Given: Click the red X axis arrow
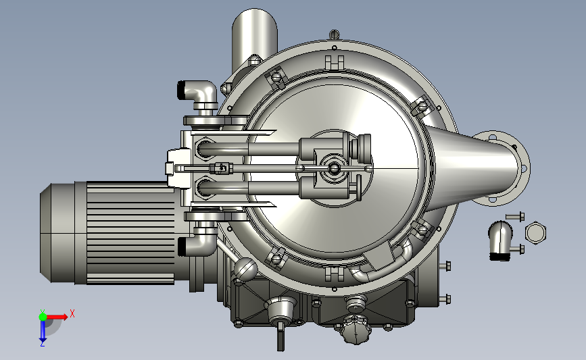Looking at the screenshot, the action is [x=57, y=317].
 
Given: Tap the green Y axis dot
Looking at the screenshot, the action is [x=43, y=317].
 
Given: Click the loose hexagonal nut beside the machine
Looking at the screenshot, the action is [x=535, y=232].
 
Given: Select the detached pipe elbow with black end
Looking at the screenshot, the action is [x=500, y=240].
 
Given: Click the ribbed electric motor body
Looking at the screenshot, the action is [x=131, y=232].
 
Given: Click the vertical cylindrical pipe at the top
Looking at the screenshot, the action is [x=254, y=37].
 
